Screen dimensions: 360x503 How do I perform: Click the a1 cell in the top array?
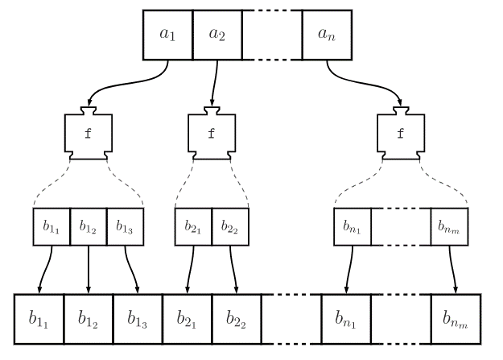[168, 35]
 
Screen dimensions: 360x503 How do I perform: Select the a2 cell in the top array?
[217, 35]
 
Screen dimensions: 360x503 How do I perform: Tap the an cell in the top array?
[327, 35]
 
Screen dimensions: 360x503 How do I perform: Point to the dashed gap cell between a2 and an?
[272, 35]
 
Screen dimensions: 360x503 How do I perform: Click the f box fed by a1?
[88, 134]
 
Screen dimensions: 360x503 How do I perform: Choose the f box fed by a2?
[212, 134]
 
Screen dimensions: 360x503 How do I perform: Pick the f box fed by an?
[400, 134]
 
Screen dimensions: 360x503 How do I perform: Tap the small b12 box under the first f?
[88, 228]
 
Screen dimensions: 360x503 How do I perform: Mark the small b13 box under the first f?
[124, 228]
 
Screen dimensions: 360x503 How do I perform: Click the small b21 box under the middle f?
[193, 228]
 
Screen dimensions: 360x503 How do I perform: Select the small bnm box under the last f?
[449, 228]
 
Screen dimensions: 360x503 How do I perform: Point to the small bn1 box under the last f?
[352, 228]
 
